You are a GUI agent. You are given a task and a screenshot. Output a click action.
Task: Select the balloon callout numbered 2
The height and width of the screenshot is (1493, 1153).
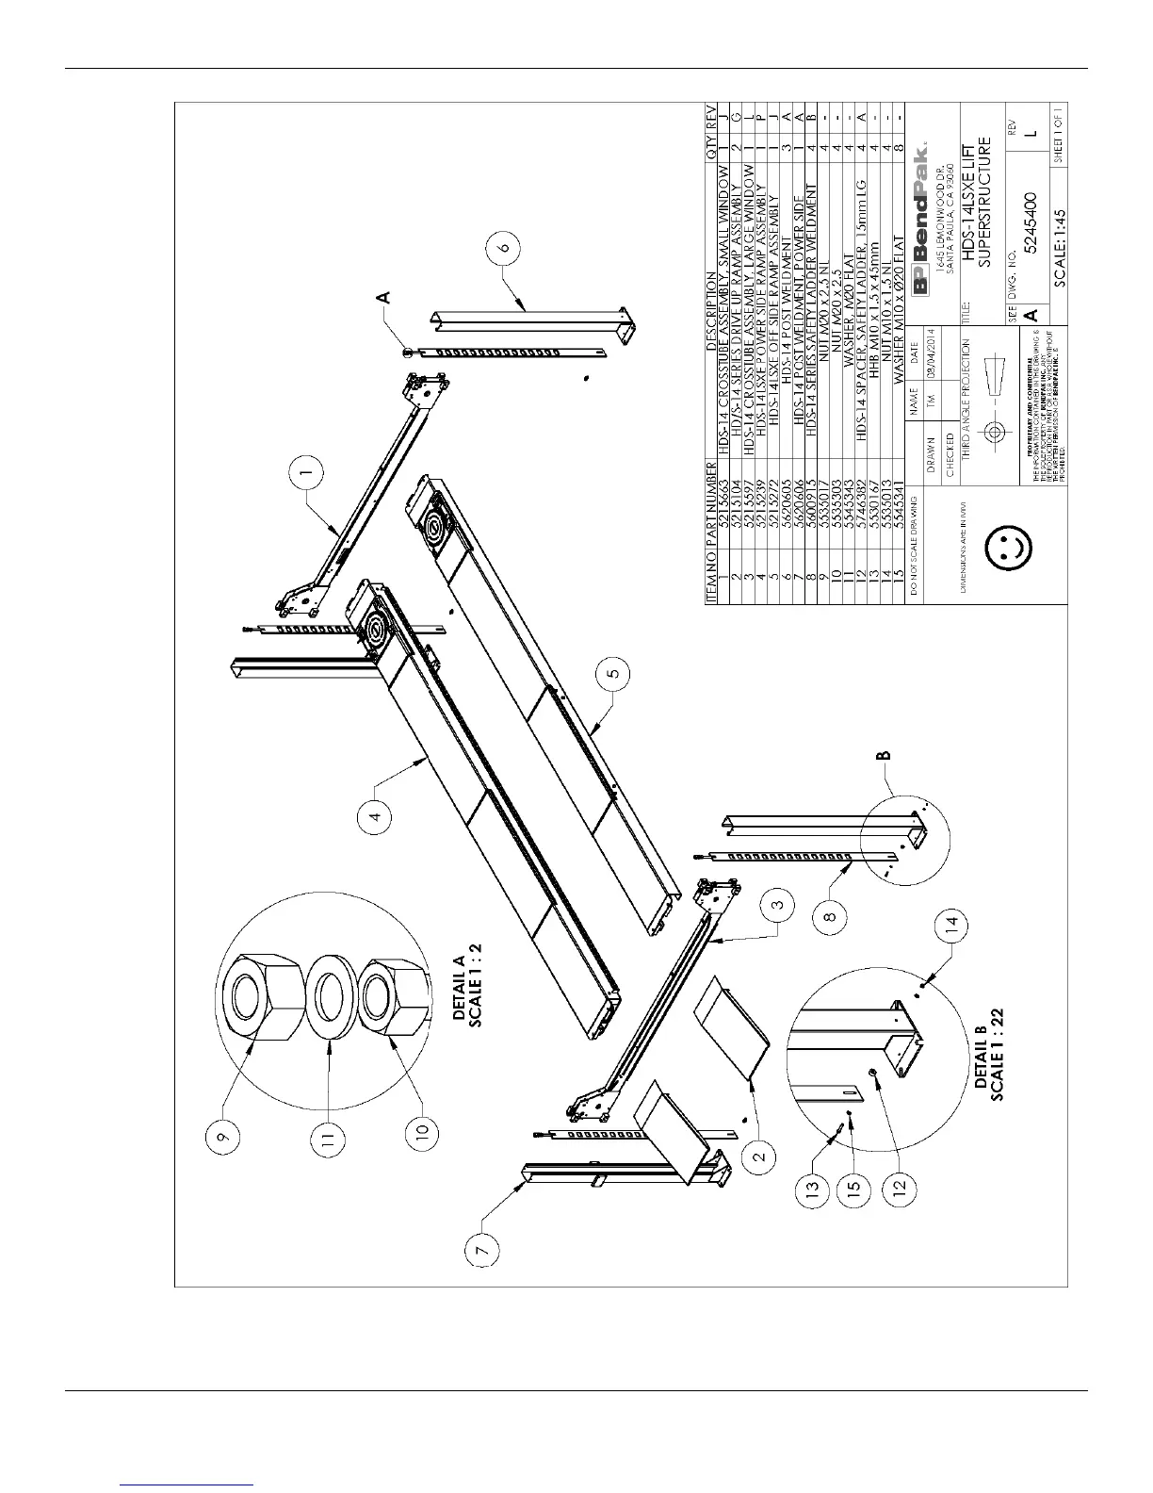click(763, 1152)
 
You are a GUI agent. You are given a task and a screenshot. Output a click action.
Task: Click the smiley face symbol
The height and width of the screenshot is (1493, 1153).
click(1006, 546)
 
